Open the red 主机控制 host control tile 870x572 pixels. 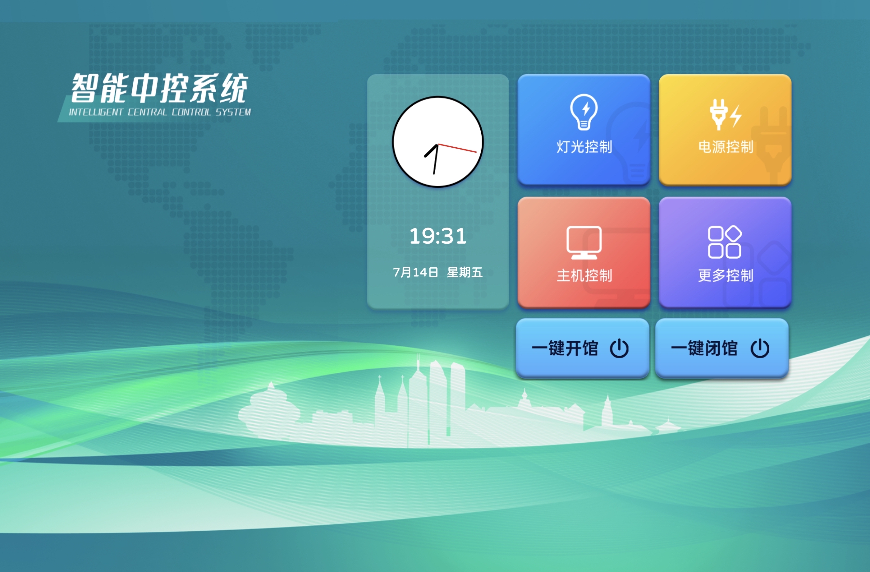pyautogui.click(x=584, y=252)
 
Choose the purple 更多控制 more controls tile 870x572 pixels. pyautogui.click(x=725, y=252)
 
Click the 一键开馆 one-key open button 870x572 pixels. pyautogui.click(x=582, y=348)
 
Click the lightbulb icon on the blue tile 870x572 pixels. pyautogui.click(x=584, y=112)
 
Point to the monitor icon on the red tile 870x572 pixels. pyautogui.click(x=584, y=242)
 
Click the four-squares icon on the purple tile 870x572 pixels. pyautogui.click(x=725, y=242)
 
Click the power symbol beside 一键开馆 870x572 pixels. pyautogui.click(x=619, y=348)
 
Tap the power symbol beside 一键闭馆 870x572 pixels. pyautogui.click(x=760, y=348)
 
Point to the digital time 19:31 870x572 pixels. pyautogui.click(x=437, y=236)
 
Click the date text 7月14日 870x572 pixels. pyautogui.click(x=415, y=272)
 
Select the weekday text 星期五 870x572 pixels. pyautogui.click(x=465, y=272)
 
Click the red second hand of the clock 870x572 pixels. pyautogui.click(x=457, y=148)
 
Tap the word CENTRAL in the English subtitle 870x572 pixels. pyautogui.click(x=147, y=112)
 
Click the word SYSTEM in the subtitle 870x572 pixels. pyautogui.click(x=233, y=112)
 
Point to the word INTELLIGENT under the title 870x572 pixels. pyautogui.click(x=96, y=112)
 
